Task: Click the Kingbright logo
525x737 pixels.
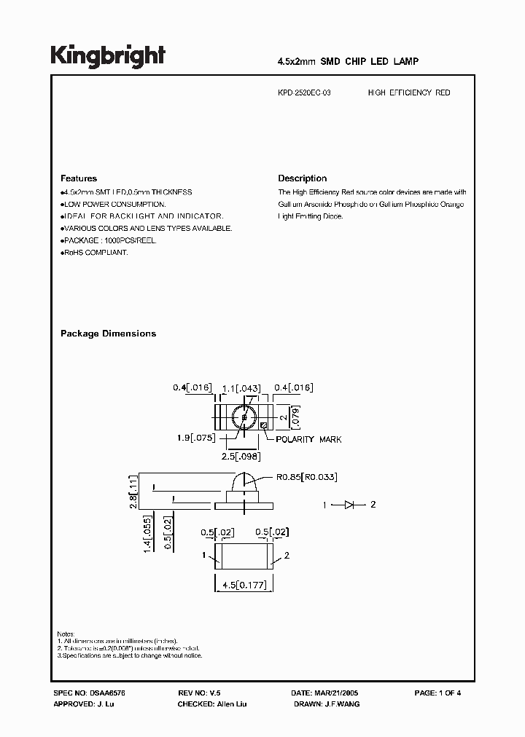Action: click(x=107, y=56)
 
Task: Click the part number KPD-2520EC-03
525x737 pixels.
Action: click(x=304, y=92)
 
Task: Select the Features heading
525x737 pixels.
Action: click(x=78, y=178)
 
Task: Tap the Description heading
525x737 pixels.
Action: click(x=302, y=178)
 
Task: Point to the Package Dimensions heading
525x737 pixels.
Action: click(x=108, y=334)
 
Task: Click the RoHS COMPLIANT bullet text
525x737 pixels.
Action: click(x=95, y=252)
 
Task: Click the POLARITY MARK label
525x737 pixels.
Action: click(x=308, y=439)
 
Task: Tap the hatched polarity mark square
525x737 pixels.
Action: click(x=263, y=425)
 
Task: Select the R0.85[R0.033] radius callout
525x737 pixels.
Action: click(x=306, y=477)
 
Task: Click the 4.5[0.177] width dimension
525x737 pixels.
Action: click(x=244, y=585)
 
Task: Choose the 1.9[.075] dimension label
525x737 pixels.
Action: click(x=193, y=438)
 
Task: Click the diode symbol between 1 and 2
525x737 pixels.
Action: click(x=349, y=504)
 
